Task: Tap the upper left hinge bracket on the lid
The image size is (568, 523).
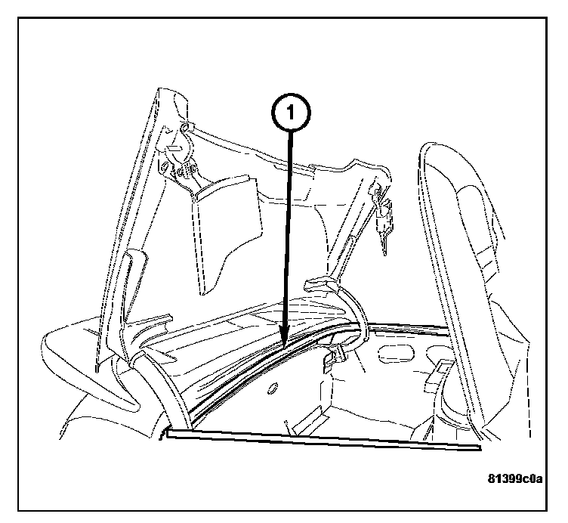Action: pos(181,155)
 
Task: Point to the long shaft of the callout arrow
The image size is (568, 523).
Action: pos(287,242)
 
